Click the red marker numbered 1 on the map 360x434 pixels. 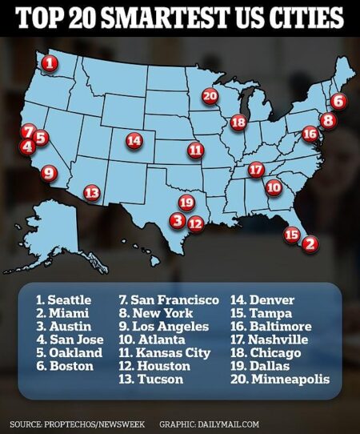(x=50, y=62)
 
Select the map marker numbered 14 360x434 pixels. (x=134, y=140)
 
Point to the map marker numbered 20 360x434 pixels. (x=210, y=96)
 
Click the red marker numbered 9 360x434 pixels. (x=48, y=172)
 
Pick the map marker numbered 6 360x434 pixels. (x=338, y=102)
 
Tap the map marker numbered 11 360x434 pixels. (x=195, y=150)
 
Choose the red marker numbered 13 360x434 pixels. (x=92, y=192)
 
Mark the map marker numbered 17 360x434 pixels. (x=256, y=170)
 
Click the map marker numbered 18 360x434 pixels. (x=238, y=123)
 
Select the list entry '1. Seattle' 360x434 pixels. (x=63, y=299)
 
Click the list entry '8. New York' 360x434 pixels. (x=158, y=313)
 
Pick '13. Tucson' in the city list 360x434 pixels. (x=150, y=379)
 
